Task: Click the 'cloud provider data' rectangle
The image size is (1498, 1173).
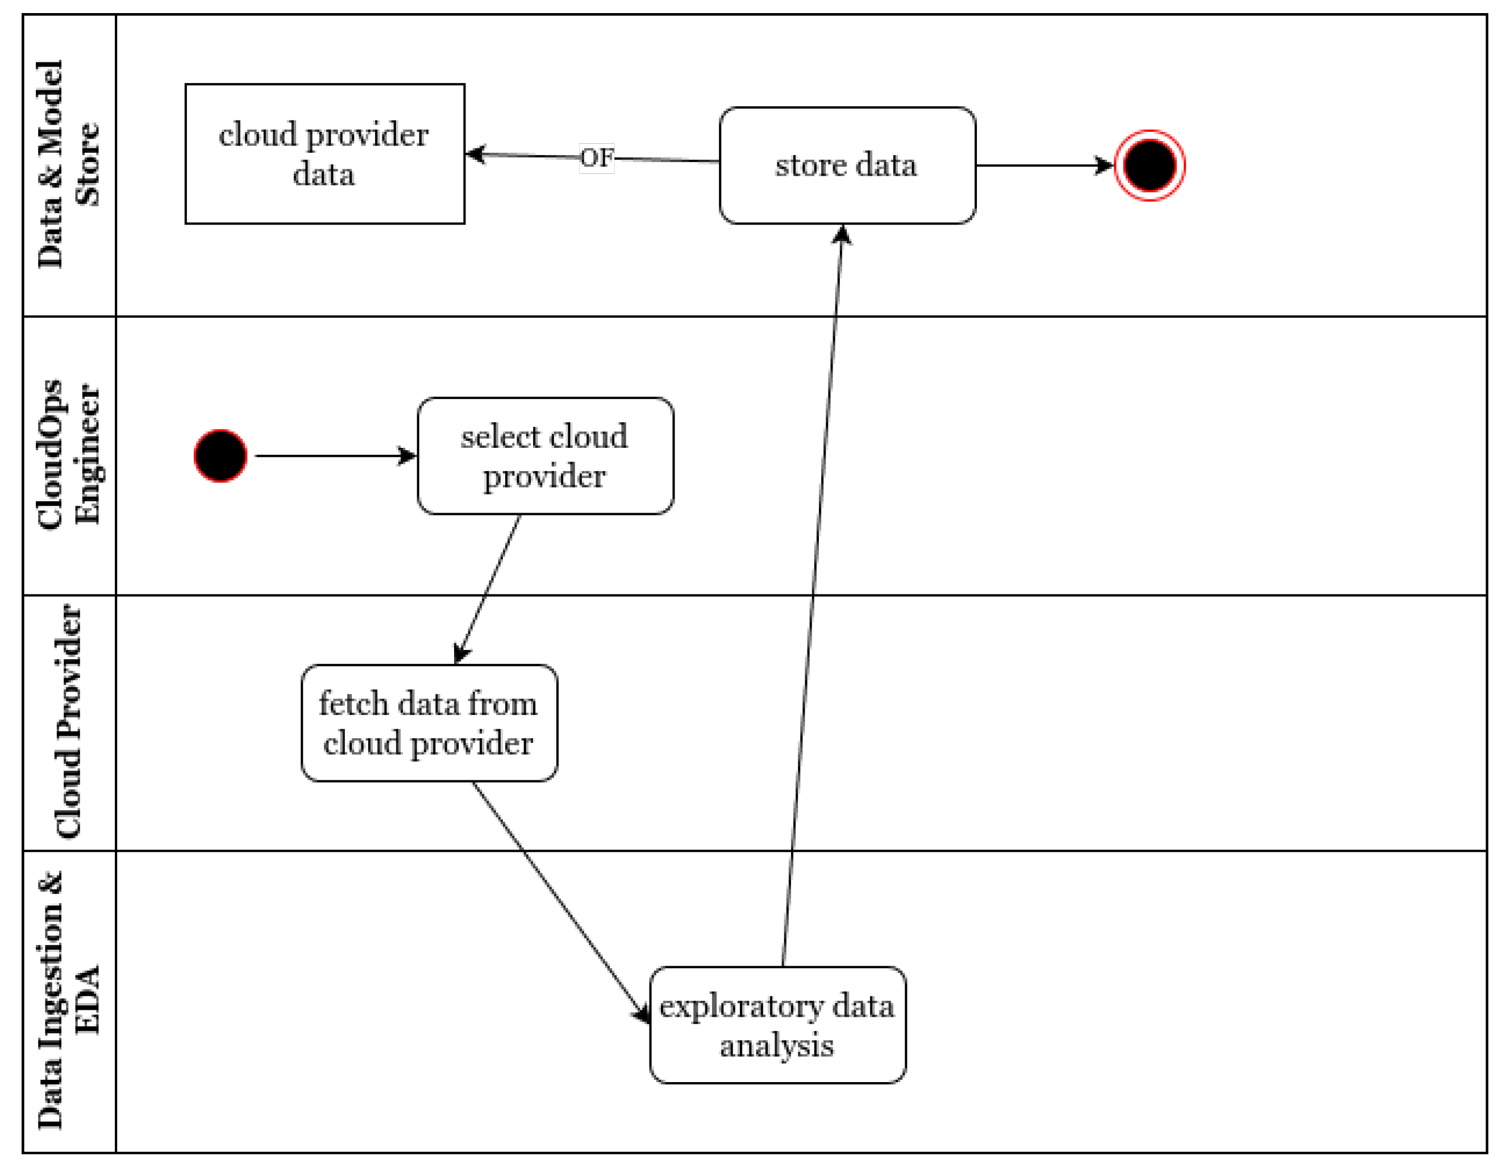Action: coord(325,154)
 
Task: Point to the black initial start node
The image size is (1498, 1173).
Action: coord(220,456)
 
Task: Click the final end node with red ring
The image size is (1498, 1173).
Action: coord(1149,165)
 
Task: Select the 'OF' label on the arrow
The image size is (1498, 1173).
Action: coord(596,158)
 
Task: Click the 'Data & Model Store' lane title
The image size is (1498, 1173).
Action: coord(69,165)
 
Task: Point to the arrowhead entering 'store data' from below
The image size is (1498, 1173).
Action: coord(842,235)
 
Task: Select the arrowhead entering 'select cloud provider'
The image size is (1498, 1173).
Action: coord(408,456)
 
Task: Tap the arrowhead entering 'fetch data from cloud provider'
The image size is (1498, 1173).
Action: coord(461,655)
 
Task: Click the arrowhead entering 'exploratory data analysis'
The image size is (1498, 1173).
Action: coord(643,1014)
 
